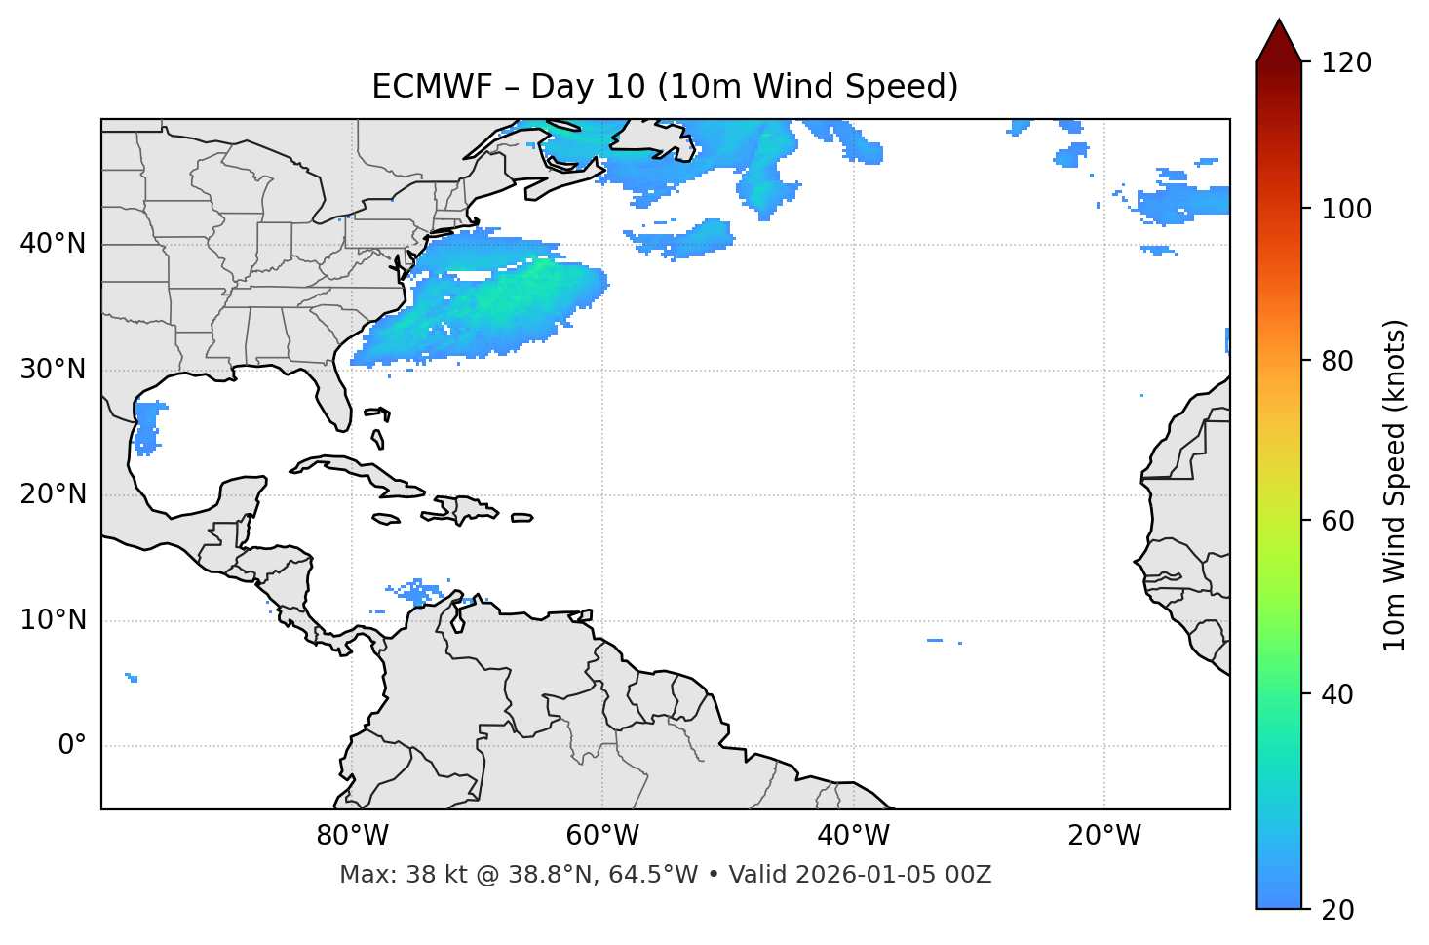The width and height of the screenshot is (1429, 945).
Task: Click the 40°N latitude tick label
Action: click(53, 244)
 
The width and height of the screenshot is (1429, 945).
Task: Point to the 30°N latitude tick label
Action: click(53, 370)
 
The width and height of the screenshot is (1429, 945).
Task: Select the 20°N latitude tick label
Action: click(53, 494)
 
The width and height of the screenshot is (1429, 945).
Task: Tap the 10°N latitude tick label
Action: click(53, 620)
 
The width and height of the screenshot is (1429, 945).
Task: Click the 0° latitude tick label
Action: click(71, 746)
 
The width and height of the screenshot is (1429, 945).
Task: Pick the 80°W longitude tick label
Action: click(352, 836)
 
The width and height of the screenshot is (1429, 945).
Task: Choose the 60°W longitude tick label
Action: click(602, 836)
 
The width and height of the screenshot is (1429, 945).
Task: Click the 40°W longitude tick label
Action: click(853, 836)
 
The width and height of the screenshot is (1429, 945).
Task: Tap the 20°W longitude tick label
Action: click(1104, 836)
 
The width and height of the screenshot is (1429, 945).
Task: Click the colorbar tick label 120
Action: click(1346, 63)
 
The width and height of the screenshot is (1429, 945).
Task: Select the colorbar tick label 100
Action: click(1346, 209)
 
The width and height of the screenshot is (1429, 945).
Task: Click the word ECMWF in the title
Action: click(433, 87)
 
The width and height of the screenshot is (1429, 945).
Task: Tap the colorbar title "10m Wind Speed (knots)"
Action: click(1395, 485)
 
